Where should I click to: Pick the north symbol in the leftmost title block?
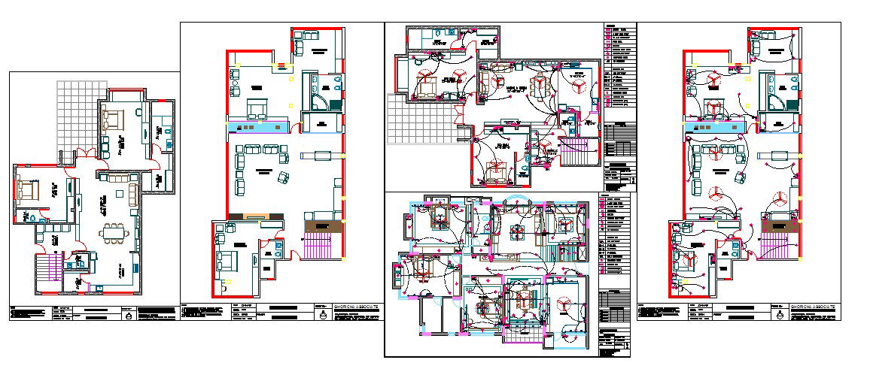click(129, 316)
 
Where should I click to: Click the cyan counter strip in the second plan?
click(257, 128)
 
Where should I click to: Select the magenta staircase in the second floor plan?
click(321, 245)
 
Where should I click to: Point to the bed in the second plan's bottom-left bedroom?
click(225, 264)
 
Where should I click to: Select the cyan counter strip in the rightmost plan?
click(715, 129)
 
